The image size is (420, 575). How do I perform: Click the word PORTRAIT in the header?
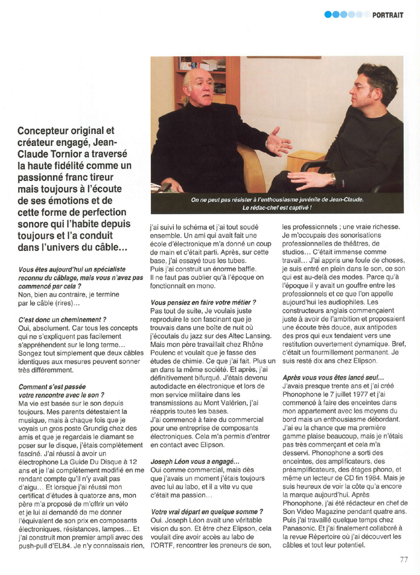coord(387,14)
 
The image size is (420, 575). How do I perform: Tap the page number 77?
coord(404,559)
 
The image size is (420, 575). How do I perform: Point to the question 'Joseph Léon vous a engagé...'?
coord(191,461)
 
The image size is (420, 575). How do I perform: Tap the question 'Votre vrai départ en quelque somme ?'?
coord(206,512)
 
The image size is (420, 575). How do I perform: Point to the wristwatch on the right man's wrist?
coord(332,179)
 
